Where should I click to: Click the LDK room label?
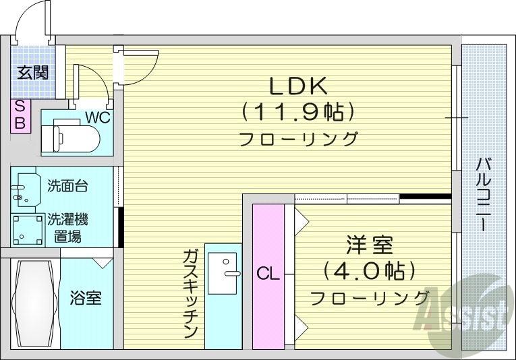click(298, 86)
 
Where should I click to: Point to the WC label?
click(97, 117)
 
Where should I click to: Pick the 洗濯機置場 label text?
click(67, 227)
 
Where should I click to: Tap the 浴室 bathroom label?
click(86, 297)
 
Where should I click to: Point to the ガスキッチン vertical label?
click(190, 293)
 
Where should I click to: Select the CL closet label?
click(268, 274)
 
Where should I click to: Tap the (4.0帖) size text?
click(368, 271)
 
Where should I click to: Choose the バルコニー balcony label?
click(483, 195)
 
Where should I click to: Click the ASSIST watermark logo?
click(464, 314)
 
